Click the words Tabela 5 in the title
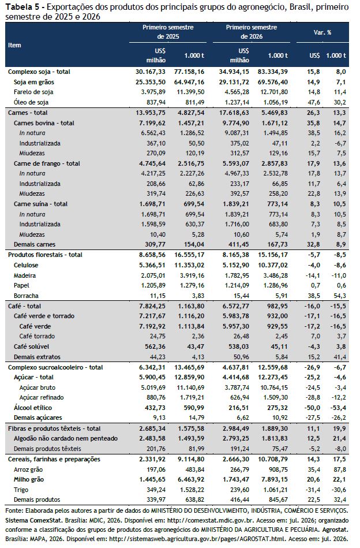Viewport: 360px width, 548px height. coord(22,6)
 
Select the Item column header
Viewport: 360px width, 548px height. coord(14,45)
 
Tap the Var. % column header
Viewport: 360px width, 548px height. coord(322,32)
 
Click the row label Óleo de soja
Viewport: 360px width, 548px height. coord(31,102)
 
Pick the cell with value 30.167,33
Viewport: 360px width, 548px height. coord(151,72)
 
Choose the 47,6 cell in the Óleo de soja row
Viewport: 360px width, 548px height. coord(314,102)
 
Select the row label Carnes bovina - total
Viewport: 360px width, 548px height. coord(44,123)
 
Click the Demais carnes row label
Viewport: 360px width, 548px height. coord(35,245)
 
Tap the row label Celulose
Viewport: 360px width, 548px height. coord(26,265)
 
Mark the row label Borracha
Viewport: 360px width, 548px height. coord(26,296)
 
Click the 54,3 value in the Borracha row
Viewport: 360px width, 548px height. coord(340,296)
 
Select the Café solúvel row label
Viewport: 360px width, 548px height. coord(31,346)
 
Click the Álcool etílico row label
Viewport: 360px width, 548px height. coord(33,408)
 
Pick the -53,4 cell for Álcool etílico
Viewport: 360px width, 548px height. coord(339,408)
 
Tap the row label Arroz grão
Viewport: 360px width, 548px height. coord(28,469)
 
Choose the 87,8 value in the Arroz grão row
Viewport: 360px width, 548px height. coord(340,469)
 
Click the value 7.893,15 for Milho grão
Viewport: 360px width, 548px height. coord(274,479)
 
